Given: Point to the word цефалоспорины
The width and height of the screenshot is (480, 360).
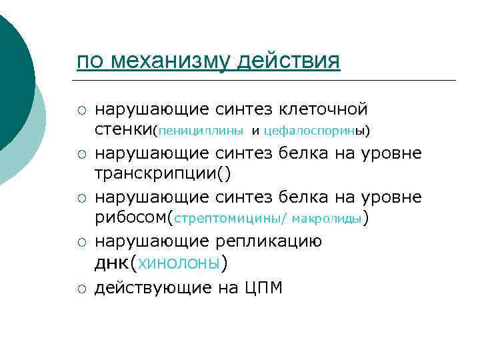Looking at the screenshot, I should [x=314, y=129].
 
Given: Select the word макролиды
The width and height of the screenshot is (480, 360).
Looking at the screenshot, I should [x=327, y=218].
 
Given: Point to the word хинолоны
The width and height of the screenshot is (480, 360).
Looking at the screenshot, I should [x=177, y=263].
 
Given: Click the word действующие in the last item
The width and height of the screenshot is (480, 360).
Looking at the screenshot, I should [x=153, y=288].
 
